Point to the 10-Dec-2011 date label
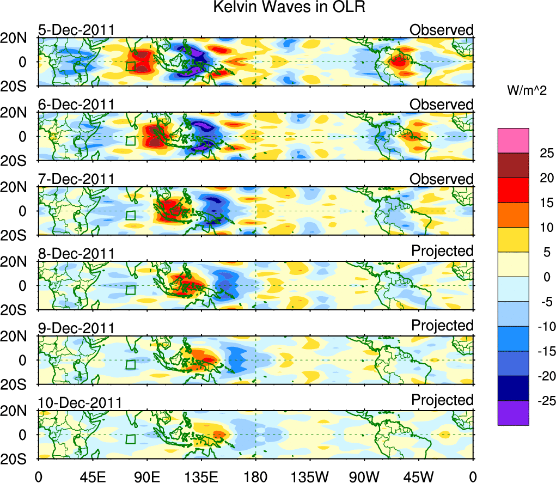80,403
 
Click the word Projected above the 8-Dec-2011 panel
442,251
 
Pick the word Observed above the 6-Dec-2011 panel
442,104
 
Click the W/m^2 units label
527,90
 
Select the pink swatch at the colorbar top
512,140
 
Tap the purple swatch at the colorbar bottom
512,413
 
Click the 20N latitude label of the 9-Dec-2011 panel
17,337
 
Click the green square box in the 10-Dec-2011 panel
130,439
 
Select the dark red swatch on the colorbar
512,166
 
